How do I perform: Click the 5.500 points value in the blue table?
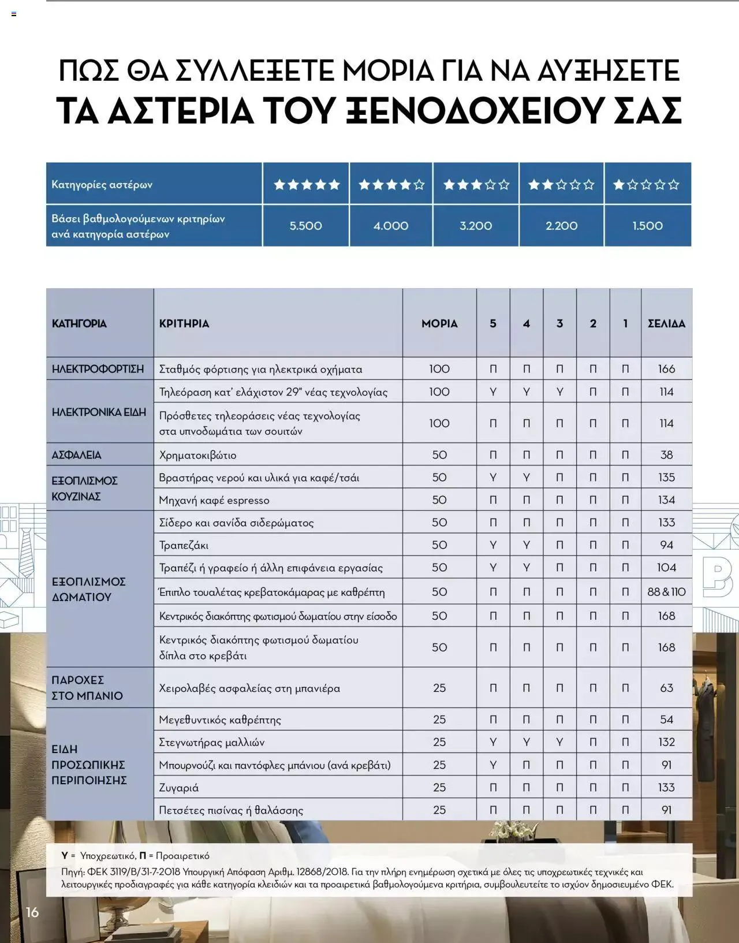tap(305, 226)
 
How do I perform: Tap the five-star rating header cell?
tap(306, 185)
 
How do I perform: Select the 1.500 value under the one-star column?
tap(647, 226)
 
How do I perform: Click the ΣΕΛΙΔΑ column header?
tap(666, 323)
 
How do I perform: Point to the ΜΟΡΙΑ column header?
tap(439, 323)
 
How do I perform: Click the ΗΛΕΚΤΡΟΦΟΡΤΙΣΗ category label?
tap(98, 369)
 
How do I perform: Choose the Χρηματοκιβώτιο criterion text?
tap(197, 455)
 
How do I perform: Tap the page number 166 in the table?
tap(666, 369)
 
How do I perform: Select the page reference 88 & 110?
tap(666, 592)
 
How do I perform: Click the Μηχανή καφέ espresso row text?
tap(214, 500)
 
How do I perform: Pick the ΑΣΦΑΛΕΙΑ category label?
tap(76, 455)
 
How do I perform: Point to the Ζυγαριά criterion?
tap(179, 788)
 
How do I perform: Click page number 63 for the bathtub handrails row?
tap(666, 688)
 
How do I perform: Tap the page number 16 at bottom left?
tap(32, 912)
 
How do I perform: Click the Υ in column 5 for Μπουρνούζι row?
tap(493, 765)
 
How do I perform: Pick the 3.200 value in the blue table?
tap(476, 226)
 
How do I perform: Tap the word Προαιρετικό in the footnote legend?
tap(182, 856)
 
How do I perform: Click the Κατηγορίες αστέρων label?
tap(102, 185)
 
